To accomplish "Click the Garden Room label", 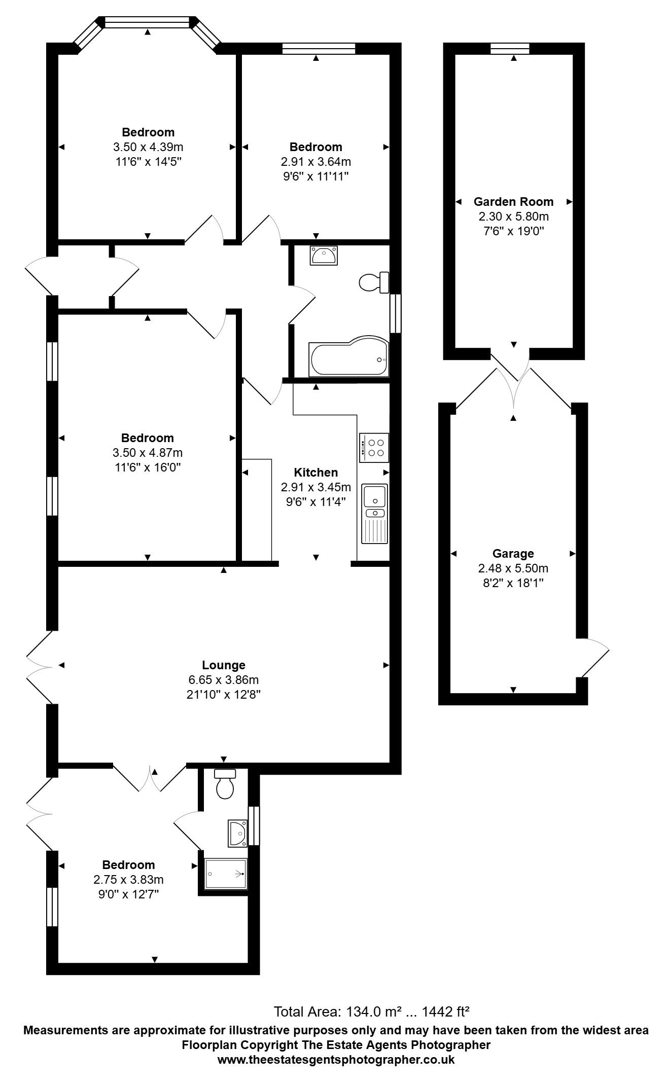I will click(513, 201).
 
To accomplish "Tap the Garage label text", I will click(513, 554).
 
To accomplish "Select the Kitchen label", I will click(315, 473).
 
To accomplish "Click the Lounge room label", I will click(223, 665).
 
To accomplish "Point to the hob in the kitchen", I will click(374, 448).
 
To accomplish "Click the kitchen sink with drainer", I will click(374, 513).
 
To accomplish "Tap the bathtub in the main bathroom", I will click(349, 358).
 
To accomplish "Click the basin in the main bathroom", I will click(323, 256).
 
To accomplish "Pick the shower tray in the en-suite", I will click(226, 874).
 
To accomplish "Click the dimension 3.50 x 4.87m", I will click(148, 452).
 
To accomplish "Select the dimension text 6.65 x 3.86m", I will click(223, 679).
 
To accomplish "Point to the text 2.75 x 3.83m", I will click(128, 880).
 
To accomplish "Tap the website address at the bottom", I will click(336, 1060).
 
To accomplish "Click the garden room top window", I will click(510, 49).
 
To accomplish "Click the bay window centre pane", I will click(147, 22).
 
